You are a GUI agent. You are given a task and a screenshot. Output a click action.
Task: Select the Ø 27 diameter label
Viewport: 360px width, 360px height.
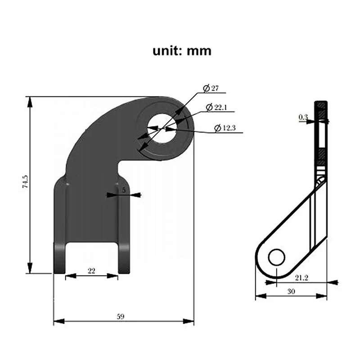click(211, 89)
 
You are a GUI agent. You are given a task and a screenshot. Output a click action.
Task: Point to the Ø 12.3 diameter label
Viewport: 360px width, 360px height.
click(225, 128)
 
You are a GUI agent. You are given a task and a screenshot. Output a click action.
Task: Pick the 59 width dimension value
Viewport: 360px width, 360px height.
click(121, 316)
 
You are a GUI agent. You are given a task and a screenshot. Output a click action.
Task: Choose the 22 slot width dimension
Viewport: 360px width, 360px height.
click(91, 270)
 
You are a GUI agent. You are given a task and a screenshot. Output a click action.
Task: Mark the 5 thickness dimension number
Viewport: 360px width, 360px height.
click(124, 190)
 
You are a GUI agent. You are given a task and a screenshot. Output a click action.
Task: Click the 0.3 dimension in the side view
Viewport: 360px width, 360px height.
click(303, 117)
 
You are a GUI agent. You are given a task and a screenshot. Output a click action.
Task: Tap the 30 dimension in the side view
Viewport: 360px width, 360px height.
click(291, 291)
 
